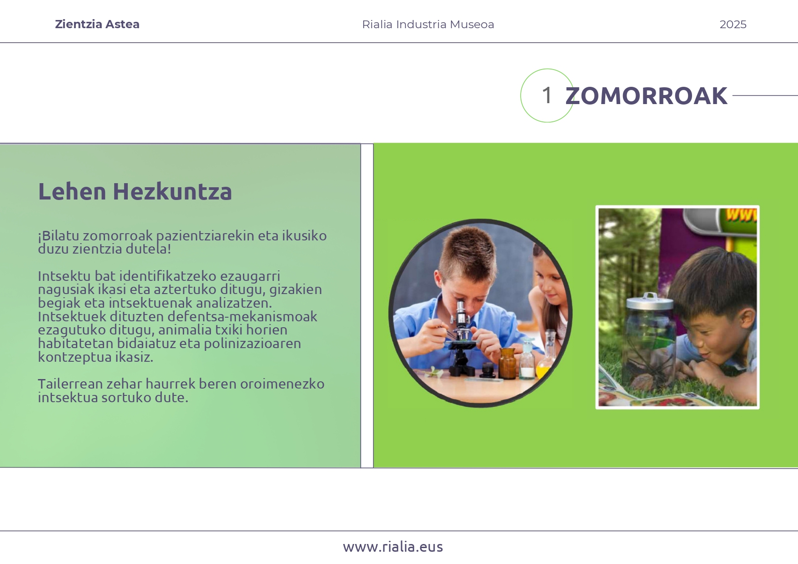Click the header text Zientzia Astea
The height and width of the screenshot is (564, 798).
(x=97, y=25)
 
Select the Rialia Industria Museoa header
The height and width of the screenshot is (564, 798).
(x=428, y=25)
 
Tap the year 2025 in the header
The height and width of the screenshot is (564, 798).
(x=733, y=25)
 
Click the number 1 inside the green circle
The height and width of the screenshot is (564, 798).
(x=547, y=95)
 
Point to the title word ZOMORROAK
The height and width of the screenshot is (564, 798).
(x=646, y=96)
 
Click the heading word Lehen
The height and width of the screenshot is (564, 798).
(x=72, y=192)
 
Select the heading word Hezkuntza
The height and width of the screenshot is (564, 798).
(x=172, y=192)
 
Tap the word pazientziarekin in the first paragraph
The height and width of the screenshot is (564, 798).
(x=205, y=236)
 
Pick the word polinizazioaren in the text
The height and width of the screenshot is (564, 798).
(x=252, y=344)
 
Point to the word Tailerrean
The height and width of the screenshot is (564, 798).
(x=70, y=384)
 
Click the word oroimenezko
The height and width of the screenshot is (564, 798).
(x=282, y=384)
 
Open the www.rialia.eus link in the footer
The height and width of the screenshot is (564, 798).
(x=393, y=547)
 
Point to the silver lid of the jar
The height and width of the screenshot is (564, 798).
(x=649, y=301)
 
